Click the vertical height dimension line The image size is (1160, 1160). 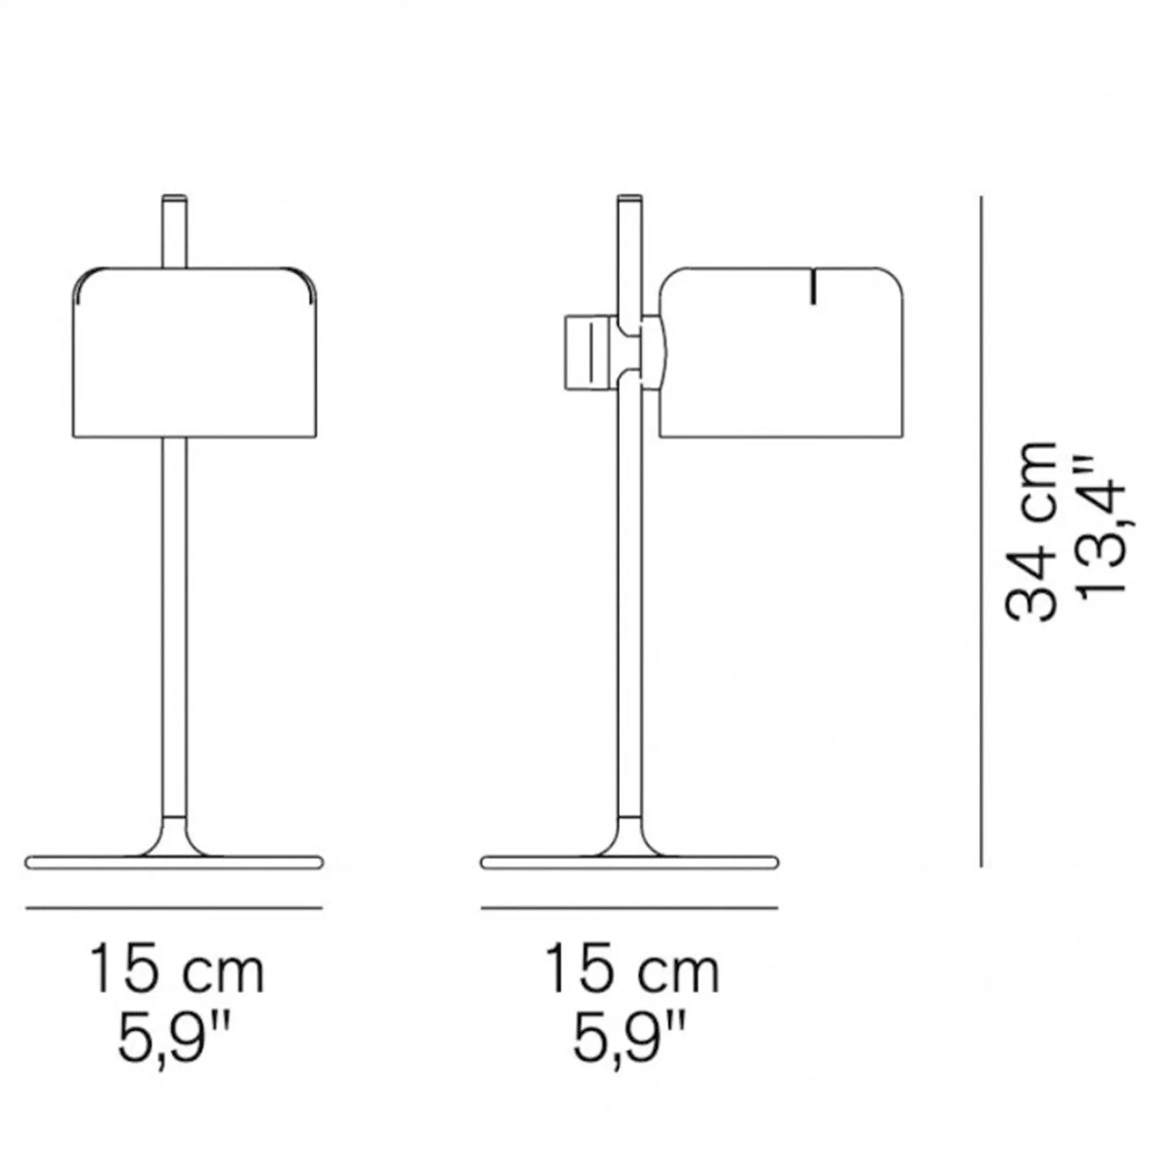[x=981, y=532]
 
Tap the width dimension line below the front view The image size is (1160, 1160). [x=174, y=908]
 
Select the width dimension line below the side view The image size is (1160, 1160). [x=629, y=908]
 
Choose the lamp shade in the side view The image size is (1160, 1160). [x=781, y=362]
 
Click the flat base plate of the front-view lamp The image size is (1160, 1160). [x=174, y=862]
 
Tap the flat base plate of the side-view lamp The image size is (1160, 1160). [x=629, y=862]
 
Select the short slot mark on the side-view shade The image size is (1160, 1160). [x=813, y=287]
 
